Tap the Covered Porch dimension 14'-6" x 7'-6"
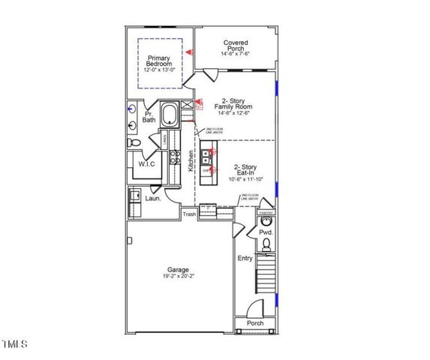click(236, 54)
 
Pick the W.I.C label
click(146, 163)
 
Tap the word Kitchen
click(191, 160)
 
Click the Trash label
click(189, 214)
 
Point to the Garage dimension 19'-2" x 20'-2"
click(178, 277)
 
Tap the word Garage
click(178, 269)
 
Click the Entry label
click(245, 258)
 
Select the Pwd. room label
click(265, 232)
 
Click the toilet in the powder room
click(266, 244)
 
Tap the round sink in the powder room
click(265, 222)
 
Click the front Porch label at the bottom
click(255, 324)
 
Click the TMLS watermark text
click(14, 344)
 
